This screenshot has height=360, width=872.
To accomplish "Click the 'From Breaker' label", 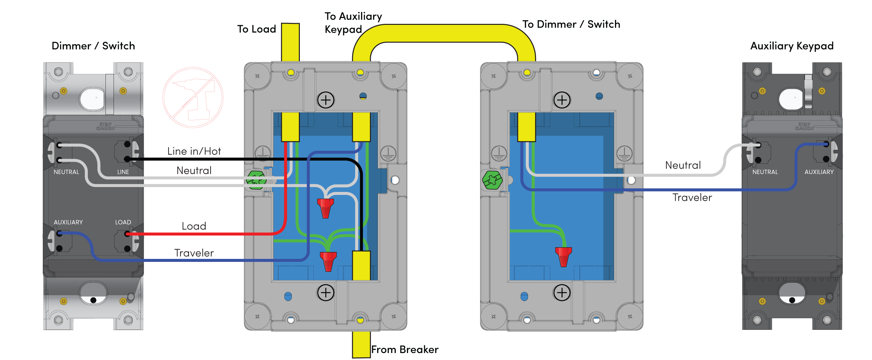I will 405,349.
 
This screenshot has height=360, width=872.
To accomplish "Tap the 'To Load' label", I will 257,29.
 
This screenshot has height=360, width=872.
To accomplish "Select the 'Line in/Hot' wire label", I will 194,151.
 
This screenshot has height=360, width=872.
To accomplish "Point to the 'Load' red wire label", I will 194,226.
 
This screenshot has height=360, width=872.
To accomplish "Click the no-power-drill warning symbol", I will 193,97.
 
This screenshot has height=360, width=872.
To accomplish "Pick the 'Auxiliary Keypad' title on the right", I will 792,46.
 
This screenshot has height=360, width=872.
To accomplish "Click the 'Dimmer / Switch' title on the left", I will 93,46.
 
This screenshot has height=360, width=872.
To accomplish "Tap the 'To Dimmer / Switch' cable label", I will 571,24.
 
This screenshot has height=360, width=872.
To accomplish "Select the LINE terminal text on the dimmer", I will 123,172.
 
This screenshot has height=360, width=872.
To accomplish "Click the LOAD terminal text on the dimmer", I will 123,222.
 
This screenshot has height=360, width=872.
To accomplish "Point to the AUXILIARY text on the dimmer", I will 68,222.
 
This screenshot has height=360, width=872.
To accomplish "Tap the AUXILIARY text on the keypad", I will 819,172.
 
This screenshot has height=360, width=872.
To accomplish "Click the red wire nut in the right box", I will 564,257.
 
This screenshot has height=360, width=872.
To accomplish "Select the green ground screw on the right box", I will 492,180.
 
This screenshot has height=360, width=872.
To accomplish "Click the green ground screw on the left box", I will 256,180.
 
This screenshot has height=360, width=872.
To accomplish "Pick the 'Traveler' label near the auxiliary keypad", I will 692,198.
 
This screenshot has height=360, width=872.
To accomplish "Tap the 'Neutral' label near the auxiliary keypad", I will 683,165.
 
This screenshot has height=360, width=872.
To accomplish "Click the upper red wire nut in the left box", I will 325,208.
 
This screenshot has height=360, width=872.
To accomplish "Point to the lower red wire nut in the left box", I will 328,261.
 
